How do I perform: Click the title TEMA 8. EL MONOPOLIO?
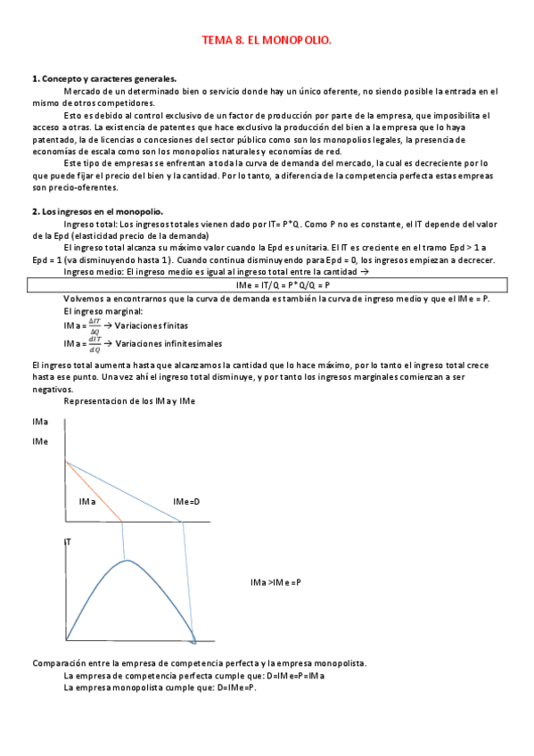coord(267,40)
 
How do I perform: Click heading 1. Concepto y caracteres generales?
coord(104,78)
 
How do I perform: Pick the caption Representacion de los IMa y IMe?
coord(129,401)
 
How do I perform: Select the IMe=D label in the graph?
coord(186,502)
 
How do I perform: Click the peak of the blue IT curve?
coord(127,561)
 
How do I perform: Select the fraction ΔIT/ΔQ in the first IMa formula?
coord(83,326)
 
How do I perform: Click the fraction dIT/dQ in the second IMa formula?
coord(83,343)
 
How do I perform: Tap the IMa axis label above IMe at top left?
coord(40,421)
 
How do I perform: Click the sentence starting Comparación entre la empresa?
coord(199,663)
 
